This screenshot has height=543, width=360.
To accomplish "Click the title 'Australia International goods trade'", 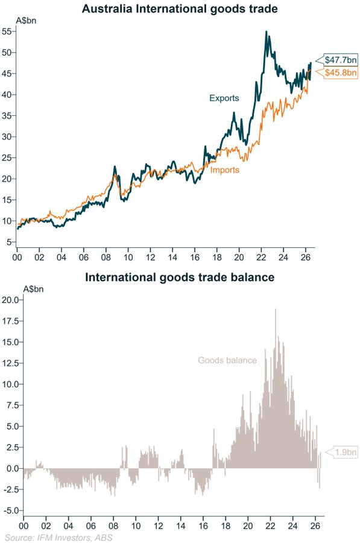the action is pyautogui.click(x=180, y=8).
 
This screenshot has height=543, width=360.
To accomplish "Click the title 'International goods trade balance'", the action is pyautogui.click(x=180, y=277).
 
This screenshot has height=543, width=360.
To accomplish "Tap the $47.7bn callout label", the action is pyautogui.click(x=340, y=60).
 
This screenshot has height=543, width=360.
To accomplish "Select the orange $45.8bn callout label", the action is pyautogui.click(x=340, y=73).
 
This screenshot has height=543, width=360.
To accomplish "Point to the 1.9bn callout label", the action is pyautogui.click(x=346, y=453).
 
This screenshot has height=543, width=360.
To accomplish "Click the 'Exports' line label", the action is pyautogui.click(x=224, y=98).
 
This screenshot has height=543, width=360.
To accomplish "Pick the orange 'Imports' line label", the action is pyautogui.click(x=225, y=170).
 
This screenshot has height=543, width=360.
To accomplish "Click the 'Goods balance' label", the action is pyautogui.click(x=227, y=360).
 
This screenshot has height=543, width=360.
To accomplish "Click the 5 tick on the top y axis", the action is pyautogui.click(x=9, y=242).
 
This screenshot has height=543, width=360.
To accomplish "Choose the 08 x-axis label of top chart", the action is pyautogui.click(x=106, y=257).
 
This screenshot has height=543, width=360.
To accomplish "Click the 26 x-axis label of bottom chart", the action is pyautogui.click(x=315, y=526).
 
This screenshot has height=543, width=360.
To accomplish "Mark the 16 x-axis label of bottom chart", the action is pyautogui.click(x=203, y=526).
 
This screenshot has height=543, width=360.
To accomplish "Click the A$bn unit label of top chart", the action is pyautogui.click(x=27, y=21).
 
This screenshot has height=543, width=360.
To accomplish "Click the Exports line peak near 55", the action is pyautogui.click(x=266, y=31).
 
